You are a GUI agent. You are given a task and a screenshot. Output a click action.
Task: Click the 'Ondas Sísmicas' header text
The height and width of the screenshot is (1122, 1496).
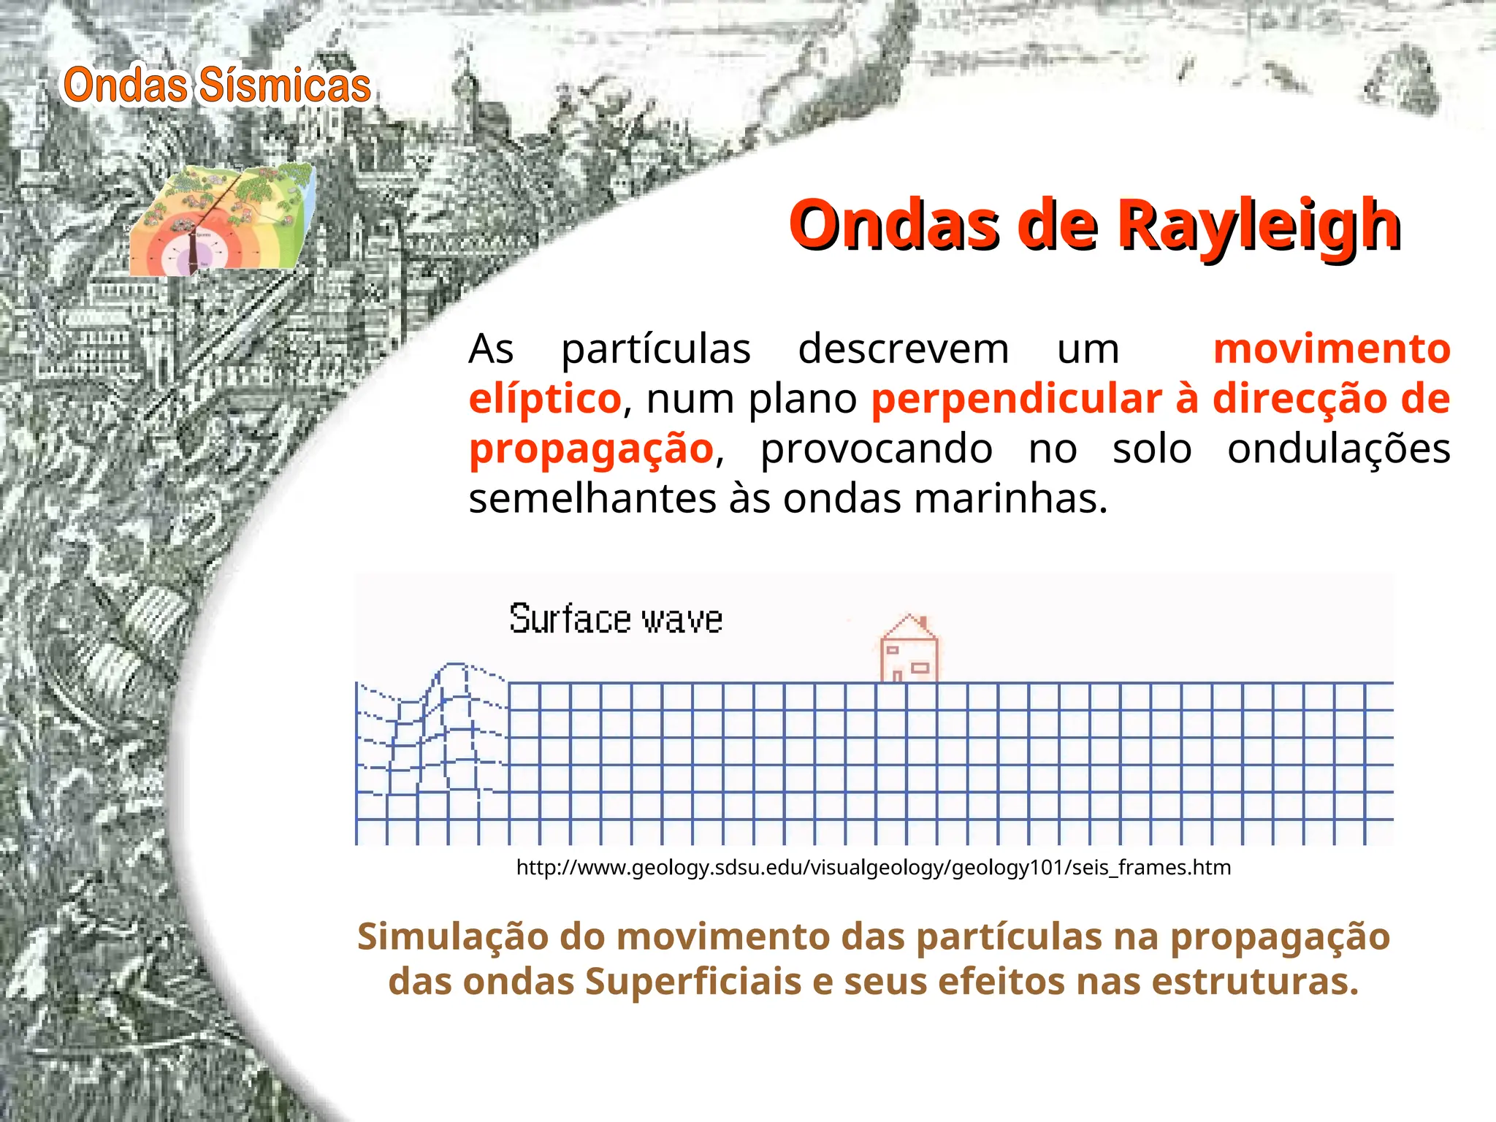click(x=217, y=85)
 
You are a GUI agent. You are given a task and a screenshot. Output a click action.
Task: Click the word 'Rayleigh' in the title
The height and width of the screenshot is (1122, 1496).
click(x=1259, y=225)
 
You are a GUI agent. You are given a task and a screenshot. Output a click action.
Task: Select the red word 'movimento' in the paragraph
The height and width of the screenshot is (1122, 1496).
click(x=1332, y=348)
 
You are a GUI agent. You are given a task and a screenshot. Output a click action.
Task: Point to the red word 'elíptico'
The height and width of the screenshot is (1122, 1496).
click(x=545, y=399)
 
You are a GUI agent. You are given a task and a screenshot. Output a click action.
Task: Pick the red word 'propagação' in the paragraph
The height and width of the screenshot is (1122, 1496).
click(x=591, y=449)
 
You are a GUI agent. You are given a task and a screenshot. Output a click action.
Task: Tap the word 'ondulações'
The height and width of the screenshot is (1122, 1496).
click(x=1338, y=449)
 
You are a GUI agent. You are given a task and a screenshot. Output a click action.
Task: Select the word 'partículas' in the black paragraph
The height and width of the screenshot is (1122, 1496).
click(x=655, y=348)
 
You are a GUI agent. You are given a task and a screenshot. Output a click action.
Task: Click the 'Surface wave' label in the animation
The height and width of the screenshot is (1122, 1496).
click(x=616, y=619)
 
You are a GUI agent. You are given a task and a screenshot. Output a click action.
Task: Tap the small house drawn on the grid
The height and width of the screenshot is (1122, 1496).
click(x=909, y=649)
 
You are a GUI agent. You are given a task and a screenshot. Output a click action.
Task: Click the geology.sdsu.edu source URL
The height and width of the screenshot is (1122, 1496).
click(x=873, y=867)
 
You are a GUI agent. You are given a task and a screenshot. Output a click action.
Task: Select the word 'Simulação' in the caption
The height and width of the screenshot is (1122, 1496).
click(x=452, y=936)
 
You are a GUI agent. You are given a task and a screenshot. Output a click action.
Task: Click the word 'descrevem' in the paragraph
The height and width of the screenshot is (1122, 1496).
click(x=903, y=348)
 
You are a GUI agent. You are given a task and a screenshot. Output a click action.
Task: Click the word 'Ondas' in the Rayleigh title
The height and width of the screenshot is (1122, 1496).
click(x=893, y=225)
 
